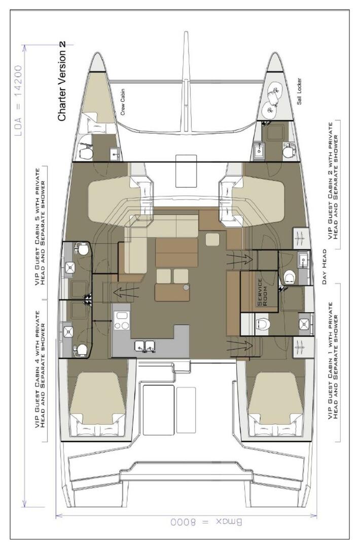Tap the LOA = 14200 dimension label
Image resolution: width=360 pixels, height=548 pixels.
[x=19, y=101]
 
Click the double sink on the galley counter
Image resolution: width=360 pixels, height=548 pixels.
[x=145, y=346]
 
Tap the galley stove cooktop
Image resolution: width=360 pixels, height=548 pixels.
[x=122, y=320]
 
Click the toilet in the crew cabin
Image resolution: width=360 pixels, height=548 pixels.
[x=86, y=152]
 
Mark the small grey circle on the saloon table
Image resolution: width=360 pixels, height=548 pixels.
[x=186, y=287]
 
